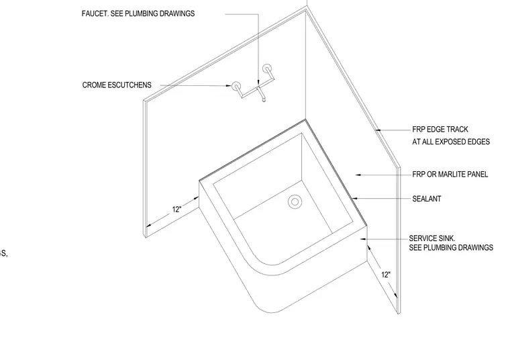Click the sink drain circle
coord(295,201)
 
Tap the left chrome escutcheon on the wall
coord(236,86)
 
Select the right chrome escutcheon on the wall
coord(267,69)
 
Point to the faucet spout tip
coord(264,100)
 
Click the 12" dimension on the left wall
coord(176,210)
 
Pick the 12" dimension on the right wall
coord(386,275)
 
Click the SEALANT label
coord(427,199)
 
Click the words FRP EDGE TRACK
coord(440,129)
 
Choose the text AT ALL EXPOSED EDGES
coord(451,142)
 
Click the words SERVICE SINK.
coord(432,238)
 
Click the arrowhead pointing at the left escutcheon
coord(229,85)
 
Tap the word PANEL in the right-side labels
coord(478,175)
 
